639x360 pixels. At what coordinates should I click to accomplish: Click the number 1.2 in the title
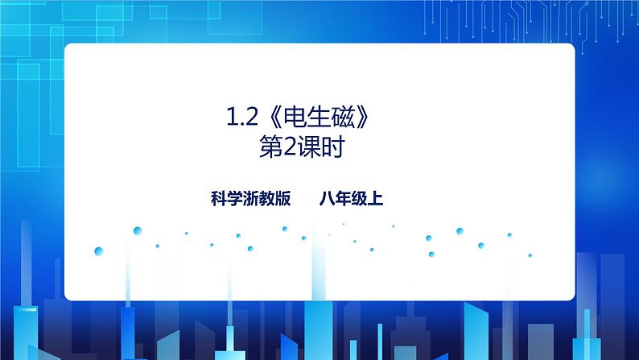241,122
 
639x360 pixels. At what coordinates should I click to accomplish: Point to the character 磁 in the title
341,122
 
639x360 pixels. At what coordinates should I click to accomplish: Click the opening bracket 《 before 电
269,122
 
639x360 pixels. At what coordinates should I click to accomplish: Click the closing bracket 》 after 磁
364,122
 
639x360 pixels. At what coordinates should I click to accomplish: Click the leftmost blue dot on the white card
98,250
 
